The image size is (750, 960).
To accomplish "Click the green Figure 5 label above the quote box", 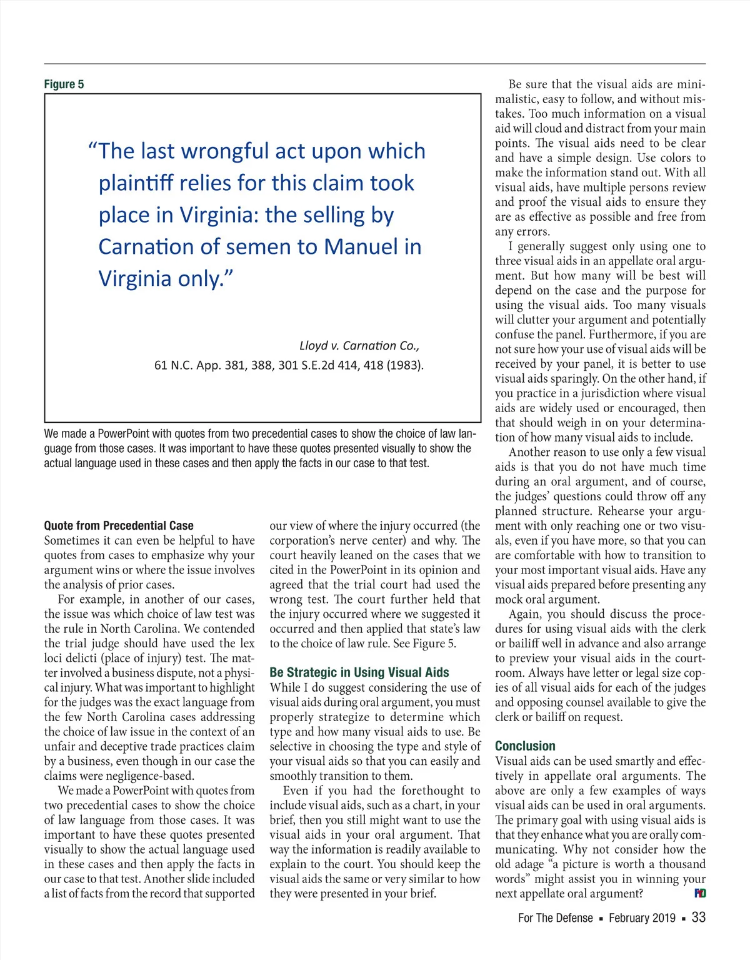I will (64, 84).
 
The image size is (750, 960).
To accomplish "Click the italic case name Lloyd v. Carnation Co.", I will (359, 346).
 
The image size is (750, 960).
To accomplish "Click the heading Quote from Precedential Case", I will (119, 526).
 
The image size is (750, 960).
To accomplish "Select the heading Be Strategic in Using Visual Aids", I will (359, 672).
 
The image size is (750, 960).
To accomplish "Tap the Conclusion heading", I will (525, 746).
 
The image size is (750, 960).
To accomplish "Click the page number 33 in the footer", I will (699, 917).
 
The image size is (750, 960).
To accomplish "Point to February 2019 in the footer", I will (642, 918).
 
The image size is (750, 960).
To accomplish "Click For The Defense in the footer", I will (555, 918).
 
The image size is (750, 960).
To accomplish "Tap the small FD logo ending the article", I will (700, 894).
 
